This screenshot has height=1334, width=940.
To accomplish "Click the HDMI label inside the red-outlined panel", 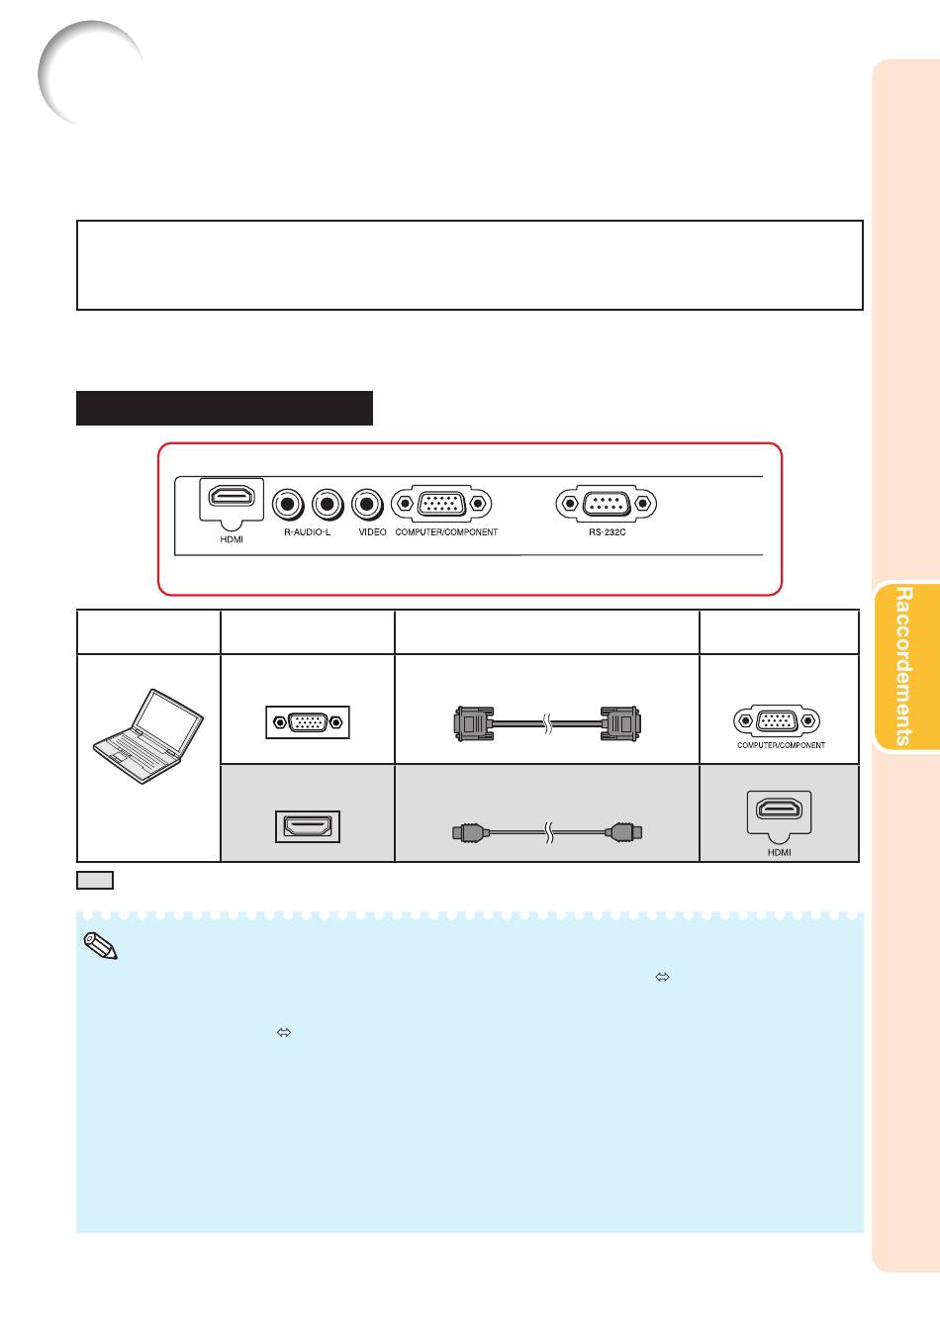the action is coord(232,539).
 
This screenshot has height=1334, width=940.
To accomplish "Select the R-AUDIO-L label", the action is coord(307,531).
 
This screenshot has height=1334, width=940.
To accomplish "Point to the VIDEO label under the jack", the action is coord(372,531).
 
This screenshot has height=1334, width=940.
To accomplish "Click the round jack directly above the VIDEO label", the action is coord(367,504).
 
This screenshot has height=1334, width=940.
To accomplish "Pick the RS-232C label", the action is coord(608,531).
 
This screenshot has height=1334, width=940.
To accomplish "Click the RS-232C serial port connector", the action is coord(606,504).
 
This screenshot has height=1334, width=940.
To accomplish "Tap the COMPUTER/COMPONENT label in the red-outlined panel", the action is coord(446,531).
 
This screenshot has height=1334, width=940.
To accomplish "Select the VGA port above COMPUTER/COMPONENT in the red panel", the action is coord(441,504).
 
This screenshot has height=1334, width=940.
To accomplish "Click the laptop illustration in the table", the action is coord(148,736).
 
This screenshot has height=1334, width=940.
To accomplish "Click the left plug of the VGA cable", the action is coord(473,723).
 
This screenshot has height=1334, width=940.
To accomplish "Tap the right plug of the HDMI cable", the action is coord(623,832).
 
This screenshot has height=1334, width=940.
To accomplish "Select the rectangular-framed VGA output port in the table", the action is coord(308,722).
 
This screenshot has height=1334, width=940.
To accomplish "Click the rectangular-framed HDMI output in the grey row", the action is coord(308,826).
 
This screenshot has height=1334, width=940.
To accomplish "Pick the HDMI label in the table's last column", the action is coord(780,852).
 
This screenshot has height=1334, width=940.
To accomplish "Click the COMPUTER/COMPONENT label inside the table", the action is coord(781,745).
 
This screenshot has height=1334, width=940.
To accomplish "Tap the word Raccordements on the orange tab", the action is coord(903,666).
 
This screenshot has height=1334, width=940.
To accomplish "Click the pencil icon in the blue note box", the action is coord(101,946).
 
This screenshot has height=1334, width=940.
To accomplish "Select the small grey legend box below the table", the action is coord(95,880).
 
